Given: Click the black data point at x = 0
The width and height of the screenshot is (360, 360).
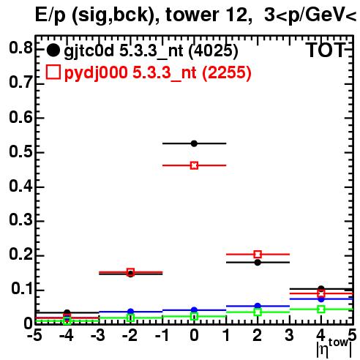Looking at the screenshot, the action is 194,143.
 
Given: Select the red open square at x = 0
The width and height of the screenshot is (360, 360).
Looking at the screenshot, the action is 194,165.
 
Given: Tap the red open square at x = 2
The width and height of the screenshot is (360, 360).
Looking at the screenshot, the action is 258,255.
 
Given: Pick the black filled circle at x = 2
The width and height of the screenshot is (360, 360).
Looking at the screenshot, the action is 258,263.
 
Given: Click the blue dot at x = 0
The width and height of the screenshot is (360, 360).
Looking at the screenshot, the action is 194,310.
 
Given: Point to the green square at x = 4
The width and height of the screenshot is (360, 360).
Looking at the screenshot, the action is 321,310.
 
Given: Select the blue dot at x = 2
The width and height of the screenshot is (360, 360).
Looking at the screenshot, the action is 258,306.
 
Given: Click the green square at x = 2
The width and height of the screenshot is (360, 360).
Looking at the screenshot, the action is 258,312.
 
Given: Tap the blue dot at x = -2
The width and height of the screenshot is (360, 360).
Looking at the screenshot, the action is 130,312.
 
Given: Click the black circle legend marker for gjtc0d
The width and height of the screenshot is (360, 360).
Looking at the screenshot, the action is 53,50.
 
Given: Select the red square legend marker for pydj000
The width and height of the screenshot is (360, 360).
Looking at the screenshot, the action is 53,72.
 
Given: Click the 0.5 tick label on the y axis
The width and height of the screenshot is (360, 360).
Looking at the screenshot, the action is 20,151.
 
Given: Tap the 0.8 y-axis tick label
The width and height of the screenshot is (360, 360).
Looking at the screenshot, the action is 20,48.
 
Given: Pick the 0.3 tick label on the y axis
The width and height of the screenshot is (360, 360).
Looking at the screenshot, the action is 20,220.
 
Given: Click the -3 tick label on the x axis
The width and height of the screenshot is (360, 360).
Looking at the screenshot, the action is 98,336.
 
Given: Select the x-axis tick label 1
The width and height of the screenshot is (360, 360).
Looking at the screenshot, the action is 227,336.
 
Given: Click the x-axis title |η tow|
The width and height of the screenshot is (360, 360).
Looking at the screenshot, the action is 334,348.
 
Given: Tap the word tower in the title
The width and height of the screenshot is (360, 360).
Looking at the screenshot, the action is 192,15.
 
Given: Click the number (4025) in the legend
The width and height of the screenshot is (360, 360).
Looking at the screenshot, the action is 213,51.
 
